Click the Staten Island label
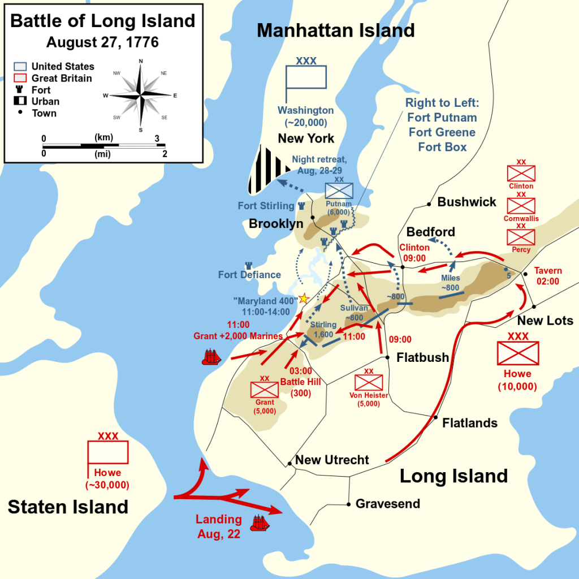[x=68, y=506]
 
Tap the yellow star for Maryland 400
[x=304, y=298]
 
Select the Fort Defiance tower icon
[x=248, y=266]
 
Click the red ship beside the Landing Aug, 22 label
[x=261, y=522]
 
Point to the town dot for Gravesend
[x=348, y=504]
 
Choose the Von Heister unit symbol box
[x=369, y=382]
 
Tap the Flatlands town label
[x=470, y=423]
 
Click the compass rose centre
[x=141, y=95]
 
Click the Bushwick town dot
[x=429, y=204]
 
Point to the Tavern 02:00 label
[x=547, y=276]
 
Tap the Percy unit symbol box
[x=521, y=237]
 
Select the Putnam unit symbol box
[x=339, y=191]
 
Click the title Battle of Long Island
[x=103, y=21]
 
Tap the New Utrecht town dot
[x=290, y=464]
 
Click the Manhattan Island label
[x=336, y=31]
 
